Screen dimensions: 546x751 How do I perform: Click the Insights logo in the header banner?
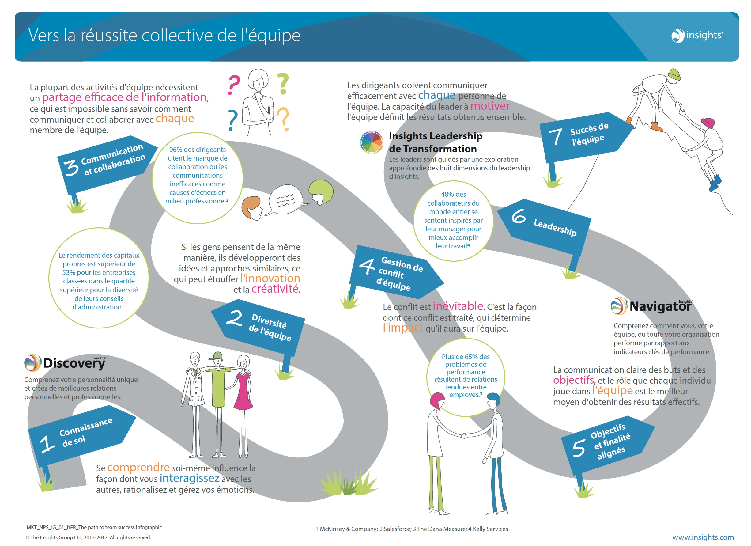click(x=697, y=36)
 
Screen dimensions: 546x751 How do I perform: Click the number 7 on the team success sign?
click(x=555, y=137)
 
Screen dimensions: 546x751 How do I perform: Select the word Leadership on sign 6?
click(x=555, y=228)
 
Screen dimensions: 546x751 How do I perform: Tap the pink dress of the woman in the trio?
click(x=243, y=391)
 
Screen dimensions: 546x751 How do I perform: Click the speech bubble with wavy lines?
click(x=285, y=200)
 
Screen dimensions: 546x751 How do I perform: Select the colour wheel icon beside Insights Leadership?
click(x=372, y=142)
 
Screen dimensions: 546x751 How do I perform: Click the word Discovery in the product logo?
click(x=74, y=363)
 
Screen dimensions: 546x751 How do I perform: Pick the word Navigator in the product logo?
click(x=660, y=306)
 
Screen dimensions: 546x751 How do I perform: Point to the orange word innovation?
click(x=270, y=278)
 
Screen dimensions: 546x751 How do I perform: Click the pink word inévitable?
click(x=458, y=306)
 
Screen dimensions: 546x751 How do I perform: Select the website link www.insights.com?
click(x=703, y=537)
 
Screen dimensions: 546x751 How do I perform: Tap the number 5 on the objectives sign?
click(x=579, y=448)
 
